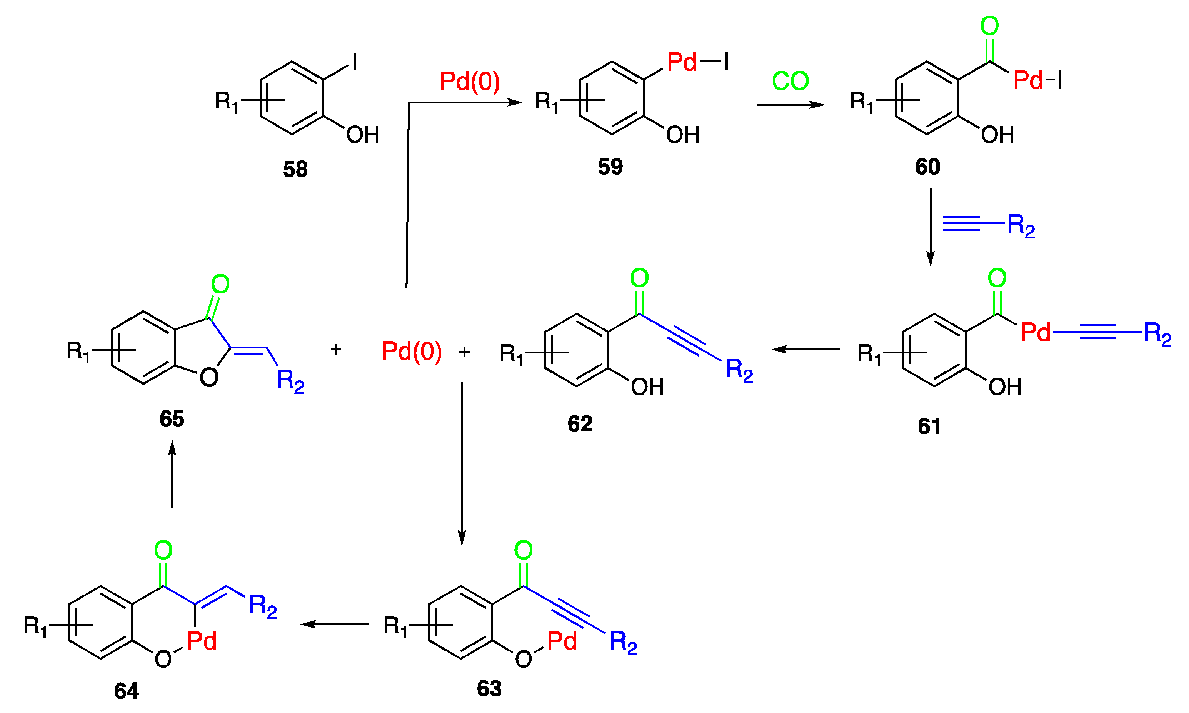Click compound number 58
tap(295, 170)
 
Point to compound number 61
tap(929, 426)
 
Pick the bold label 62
tap(580, 424)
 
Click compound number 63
tap(489, 688)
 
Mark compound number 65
tap(172, 419)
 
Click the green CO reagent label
tap(790, 81)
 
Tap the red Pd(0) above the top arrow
tap(470, 81)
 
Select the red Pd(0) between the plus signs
tap(411, 351)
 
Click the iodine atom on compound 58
tap(355, 62)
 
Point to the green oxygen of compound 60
tap(989, 26)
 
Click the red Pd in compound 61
tap(1036, 332)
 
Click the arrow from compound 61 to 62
tap(806, 349)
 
